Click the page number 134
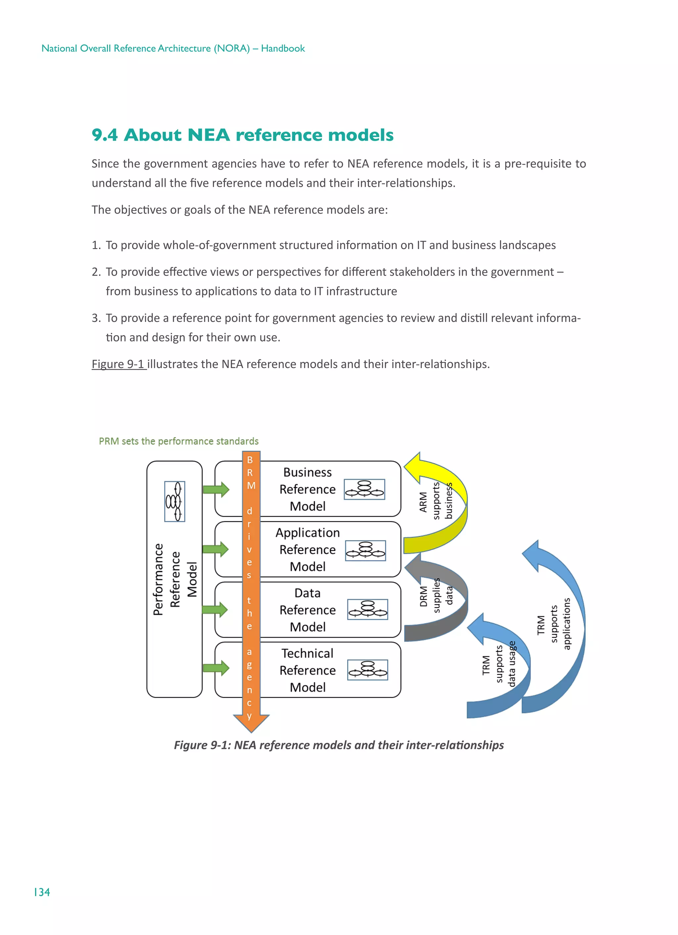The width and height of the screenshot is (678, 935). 42,892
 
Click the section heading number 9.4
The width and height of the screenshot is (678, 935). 104,135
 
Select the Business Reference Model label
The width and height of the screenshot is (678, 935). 308,489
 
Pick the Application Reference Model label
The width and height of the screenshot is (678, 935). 308,549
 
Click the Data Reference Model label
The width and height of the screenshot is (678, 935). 308,610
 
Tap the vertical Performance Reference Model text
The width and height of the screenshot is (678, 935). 175,579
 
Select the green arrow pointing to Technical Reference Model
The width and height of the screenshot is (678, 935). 216,668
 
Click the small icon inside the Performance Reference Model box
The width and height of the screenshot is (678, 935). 175,501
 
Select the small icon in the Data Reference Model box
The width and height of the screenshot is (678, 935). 367,609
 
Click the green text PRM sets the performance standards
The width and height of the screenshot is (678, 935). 178,441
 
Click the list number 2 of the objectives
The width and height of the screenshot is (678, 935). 96,272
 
